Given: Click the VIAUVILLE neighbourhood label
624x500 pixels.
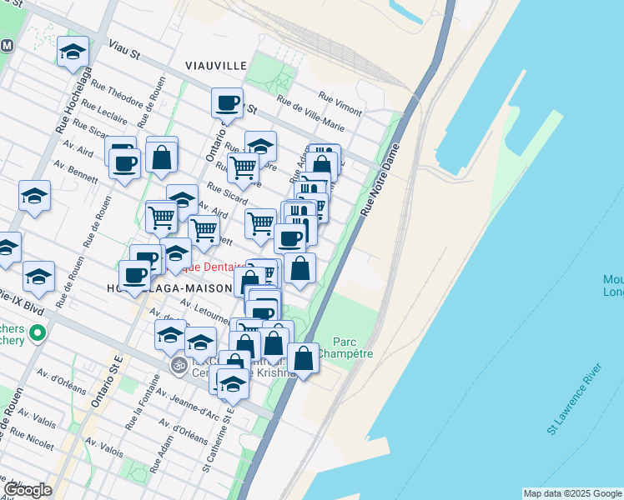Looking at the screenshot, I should [x=215, y=65].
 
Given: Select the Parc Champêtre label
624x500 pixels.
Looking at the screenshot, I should [x=351, y=347].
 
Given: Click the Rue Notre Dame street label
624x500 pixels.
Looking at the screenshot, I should [x=380, y=180].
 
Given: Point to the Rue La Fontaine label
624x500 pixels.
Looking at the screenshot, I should [x=140, y=411].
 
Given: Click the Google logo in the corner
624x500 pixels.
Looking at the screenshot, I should [x=28, y=489].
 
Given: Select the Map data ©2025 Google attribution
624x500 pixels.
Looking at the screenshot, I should [x=572, y=493].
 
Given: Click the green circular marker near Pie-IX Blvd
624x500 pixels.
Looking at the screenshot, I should [x=37, y=334].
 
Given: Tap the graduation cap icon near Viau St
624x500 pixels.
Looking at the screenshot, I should [x=73, y=52].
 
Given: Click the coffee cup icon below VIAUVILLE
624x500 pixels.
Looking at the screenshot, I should [x=227, y=103].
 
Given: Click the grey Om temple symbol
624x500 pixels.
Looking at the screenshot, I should [x=178, y=365].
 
